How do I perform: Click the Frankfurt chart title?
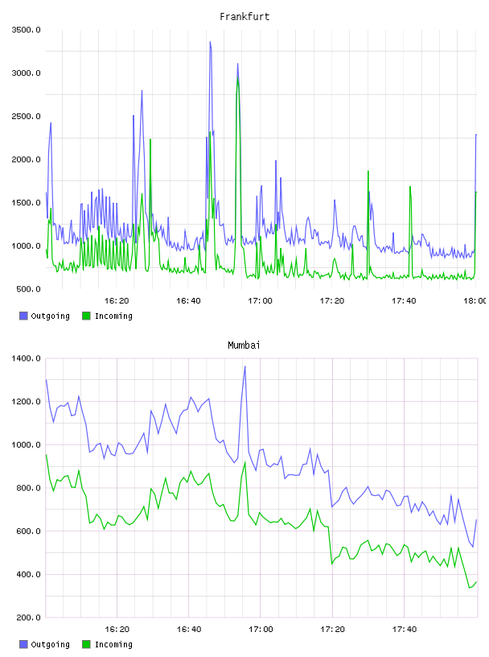click(x=244, y=17)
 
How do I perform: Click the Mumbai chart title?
click(x=244, y=345)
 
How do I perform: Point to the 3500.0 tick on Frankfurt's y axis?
click(x=27, y=30)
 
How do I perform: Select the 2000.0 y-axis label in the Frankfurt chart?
click(x=27, y=159)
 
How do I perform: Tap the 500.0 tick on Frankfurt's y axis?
click(x=28, y=289)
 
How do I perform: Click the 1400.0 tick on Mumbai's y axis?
click(x=27, y=358)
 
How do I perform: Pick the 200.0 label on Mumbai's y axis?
click(x=28, y=618)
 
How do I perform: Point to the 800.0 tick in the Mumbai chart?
click(x=28, y=488)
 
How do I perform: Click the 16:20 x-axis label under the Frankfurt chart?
click(x=117, y=300)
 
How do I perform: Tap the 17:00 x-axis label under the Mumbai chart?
click(x=261, y=629)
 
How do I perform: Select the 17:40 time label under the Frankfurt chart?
click(x=404, y=300)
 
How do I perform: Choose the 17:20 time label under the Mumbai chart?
click(x=332, y=629)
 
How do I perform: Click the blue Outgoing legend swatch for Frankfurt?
click(x=23, y=316)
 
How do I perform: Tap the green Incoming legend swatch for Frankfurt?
click(x=86, y=316)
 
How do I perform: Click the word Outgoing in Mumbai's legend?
click(x=50, y=644)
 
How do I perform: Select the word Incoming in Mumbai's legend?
click(x=113, y=644)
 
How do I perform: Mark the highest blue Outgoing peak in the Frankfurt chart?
click(x=210, y=42)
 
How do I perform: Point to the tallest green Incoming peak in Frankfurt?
click(x=238, y=78)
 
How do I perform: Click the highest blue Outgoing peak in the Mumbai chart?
click(x=245, y=366)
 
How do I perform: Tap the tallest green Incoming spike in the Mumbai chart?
click(x=245, y=462)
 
